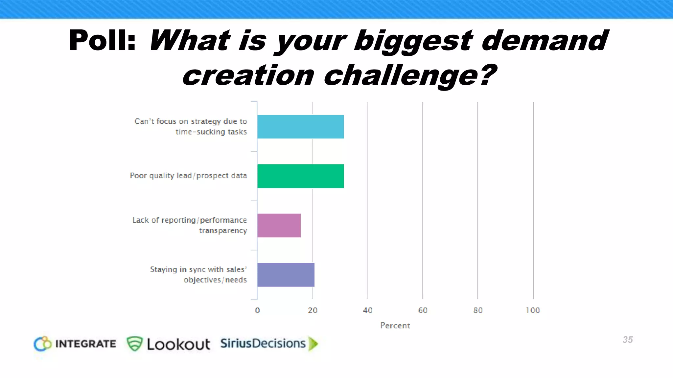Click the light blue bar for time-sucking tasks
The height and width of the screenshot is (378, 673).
(x=300, y=127)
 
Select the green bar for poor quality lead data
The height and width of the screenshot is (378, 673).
(x=300, y=176)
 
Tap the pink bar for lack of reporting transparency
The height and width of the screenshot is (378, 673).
(x=279, y=225)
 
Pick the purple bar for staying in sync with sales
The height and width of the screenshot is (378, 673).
(x=286, y=275)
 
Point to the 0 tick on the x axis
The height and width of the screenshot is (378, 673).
(x=257, y=310)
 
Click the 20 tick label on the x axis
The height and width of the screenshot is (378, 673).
(x=313, y=310)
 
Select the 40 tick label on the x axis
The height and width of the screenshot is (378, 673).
(x=368, y=310)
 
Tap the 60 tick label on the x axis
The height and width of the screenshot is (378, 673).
(x=423, y=310)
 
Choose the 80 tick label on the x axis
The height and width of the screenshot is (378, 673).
(x=478, y=310)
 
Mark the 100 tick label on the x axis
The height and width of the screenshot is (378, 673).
(x=533, y=310)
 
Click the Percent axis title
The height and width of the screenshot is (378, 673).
(x=395, y=325)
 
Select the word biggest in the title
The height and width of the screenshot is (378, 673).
(x=413, y=41)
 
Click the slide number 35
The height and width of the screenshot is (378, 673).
(x=628, y=340)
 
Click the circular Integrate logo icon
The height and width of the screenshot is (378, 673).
(x=43, y=344)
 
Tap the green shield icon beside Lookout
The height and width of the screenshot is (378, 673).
(x=135, y=344)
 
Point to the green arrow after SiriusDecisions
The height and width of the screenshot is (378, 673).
(x=313, y=344)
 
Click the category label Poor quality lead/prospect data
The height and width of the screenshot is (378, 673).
(x=188, y=176)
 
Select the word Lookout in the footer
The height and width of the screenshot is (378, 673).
(x=178, y=344)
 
